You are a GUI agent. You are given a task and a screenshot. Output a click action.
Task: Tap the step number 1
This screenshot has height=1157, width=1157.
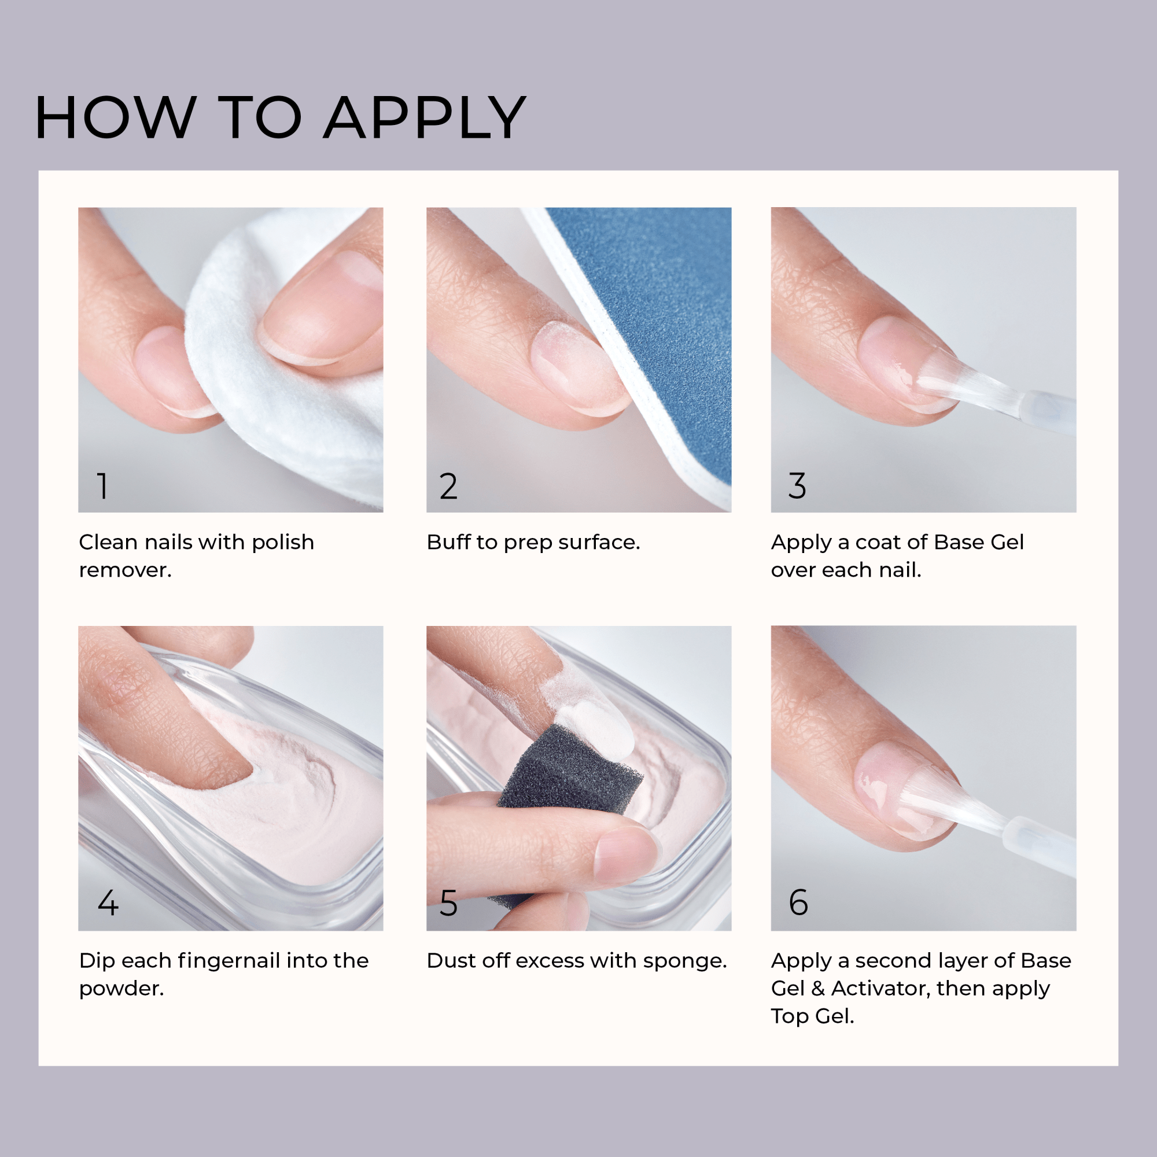pyautogui.click(x=103, y=486)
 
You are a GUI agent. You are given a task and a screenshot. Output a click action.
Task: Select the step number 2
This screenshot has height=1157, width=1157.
pyautogui.click(x=448, y=487)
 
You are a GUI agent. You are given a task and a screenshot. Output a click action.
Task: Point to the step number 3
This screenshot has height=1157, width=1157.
pyautogui.click(x=797, y=486)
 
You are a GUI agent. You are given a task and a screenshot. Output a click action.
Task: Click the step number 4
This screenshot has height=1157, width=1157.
pyautogui.click(x=108, y=902)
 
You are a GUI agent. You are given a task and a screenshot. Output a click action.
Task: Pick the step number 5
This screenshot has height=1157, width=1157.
pyautogui.click(x=448, y=903)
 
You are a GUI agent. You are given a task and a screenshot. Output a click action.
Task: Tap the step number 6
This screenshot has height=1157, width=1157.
pyautogui.click(x=798, y=902)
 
